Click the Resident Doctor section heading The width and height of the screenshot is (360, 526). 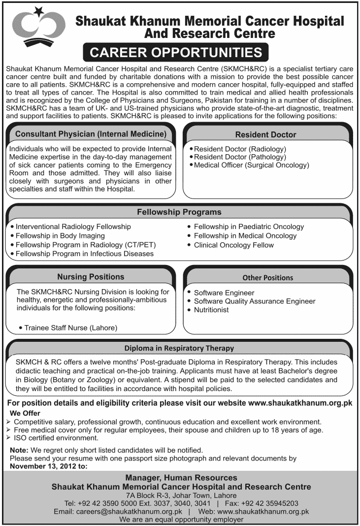pos(265,134)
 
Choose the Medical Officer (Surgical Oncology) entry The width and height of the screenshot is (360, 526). pos(251,165)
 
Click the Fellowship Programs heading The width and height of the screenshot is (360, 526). pos(179,212)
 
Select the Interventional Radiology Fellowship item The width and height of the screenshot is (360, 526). pos(73,227)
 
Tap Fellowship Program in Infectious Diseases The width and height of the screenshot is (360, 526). pos(84,254)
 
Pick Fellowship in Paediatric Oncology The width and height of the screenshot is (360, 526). pos(249,227)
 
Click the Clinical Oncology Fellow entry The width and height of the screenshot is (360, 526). pos(233,245)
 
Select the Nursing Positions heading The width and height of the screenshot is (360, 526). pos(91,277)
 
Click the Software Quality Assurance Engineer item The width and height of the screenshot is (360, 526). pos(254,301)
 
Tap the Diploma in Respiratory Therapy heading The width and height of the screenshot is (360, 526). pos(179,348)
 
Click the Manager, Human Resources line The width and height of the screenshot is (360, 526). pos(181,478)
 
